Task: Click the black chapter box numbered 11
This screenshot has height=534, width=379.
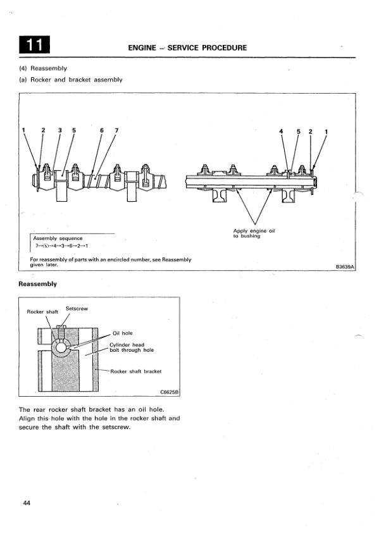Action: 34,44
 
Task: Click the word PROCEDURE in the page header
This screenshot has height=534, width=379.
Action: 225,47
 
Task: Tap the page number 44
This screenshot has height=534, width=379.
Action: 27,503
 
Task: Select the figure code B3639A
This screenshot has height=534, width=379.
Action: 345,267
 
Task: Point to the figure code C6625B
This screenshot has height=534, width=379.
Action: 169,392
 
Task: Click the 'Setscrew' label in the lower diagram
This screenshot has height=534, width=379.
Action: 77,309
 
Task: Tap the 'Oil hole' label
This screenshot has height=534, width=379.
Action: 123,333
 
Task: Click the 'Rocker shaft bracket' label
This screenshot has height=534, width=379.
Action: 136,371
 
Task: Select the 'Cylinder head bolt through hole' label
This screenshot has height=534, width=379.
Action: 132,347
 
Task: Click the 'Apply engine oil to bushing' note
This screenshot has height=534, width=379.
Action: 254,233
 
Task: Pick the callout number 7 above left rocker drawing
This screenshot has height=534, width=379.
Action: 116,130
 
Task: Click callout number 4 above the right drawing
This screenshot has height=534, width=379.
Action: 281,131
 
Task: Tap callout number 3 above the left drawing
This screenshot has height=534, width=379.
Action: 60,130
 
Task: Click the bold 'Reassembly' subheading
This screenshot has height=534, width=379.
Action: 38,284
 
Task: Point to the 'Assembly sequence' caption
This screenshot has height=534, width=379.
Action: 58,238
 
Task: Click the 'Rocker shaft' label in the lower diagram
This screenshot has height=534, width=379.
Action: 42,312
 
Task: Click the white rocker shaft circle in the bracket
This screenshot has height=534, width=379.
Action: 61,347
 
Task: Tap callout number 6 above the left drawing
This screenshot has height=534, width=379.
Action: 101,130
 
